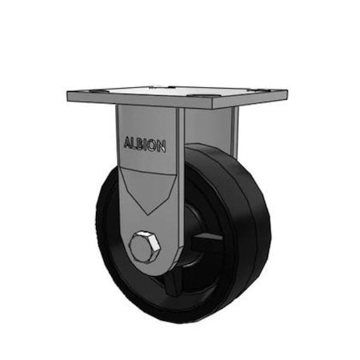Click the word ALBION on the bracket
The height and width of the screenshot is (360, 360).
145,145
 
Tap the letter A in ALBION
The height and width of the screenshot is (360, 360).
128,145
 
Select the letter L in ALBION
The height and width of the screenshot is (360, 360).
135,145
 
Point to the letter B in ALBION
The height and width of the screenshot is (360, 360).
142,145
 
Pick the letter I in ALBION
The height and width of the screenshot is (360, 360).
149,145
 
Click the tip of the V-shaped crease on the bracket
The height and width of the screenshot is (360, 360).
146,213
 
